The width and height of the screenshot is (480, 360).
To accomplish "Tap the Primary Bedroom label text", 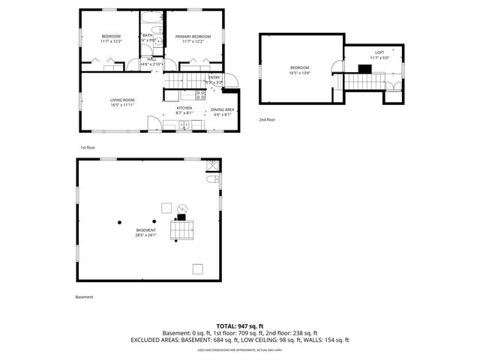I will (x=193, y=37).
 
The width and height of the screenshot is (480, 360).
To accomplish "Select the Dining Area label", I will (x=223, y=109).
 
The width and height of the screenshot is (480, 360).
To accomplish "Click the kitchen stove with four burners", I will (x=200, y=94).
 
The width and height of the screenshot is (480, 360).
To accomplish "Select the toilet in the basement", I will (x=212, y=179).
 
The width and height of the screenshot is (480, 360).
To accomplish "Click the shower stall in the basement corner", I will (x=212, y=164).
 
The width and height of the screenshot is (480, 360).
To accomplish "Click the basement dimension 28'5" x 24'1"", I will (x=145, y=235).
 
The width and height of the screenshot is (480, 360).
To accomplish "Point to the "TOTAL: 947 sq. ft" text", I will (x=239, y=326).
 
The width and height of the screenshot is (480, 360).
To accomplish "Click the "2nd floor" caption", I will (x=267, y=119).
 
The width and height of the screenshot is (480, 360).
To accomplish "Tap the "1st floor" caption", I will (x=87, y=148).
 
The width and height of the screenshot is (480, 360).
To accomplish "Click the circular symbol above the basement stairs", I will (x=180, y=208).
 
